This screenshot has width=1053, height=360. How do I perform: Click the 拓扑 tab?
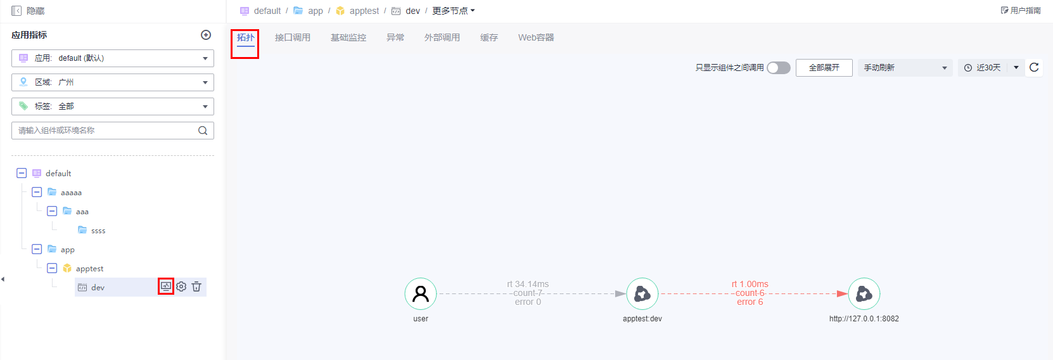click(x=245, y=37)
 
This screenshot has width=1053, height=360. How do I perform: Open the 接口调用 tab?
click(x=293, y=37)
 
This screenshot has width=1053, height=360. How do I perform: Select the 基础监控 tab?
click(x=348, y=37)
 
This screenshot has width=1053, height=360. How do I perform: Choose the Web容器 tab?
click(x=536, y=37)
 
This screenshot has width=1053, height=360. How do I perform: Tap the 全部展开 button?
click(x=824, y=68)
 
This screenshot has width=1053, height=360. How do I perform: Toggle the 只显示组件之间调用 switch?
click(x=779, y=68)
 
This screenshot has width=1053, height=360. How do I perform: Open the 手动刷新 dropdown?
click(x=905, y=68)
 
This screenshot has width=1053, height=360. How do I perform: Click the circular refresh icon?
click(x=1034, y=67)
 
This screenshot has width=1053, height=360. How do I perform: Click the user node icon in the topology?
click(x=421, y=293)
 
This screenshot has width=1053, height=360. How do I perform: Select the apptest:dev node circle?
click(x=642, y=293)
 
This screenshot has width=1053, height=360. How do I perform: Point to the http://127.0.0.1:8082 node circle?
click(x=864, y=293)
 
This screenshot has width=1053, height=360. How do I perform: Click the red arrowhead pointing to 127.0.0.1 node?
click(x=843, y=293)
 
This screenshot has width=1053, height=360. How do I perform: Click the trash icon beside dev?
click(x=196, y=286)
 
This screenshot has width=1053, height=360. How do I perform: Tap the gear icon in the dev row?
click(x=181, y=286)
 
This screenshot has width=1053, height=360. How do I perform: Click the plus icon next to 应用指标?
click(x=206, y=35)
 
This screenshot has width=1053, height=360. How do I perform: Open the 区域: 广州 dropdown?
click(x=113, y=82)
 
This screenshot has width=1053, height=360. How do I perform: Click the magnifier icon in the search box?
click(x=203, y=131)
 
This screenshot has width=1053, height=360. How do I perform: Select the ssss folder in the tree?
click(x=92, y=230)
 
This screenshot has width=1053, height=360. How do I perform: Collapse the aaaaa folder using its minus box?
click(x=37, y=192)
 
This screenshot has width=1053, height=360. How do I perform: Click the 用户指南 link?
click(x=1021, y=10)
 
